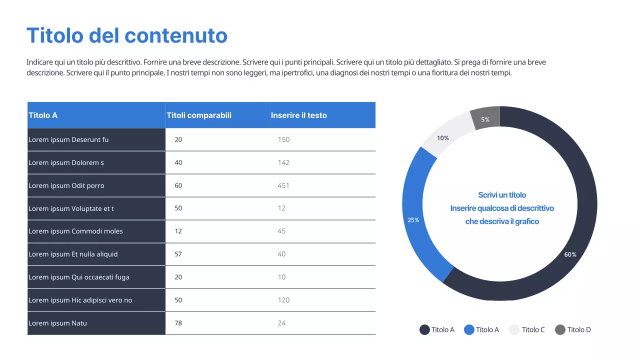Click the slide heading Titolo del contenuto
pos(127,35)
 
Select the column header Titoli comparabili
pos(199,115)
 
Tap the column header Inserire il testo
pos(298,115)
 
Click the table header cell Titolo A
pos(43,115)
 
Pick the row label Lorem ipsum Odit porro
pos(66,185)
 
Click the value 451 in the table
pos(283,185)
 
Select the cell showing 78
pos(178,323)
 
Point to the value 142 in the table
pos(283,162)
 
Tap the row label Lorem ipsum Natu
pos(57,323)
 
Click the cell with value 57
pos(178,254)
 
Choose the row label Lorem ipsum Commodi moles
pos(75,231)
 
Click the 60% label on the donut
pos(570,254)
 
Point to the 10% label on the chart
pos(443,138)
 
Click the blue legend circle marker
pos(469,329)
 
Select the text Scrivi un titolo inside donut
pos(502,195)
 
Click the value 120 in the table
pos(283,300)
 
